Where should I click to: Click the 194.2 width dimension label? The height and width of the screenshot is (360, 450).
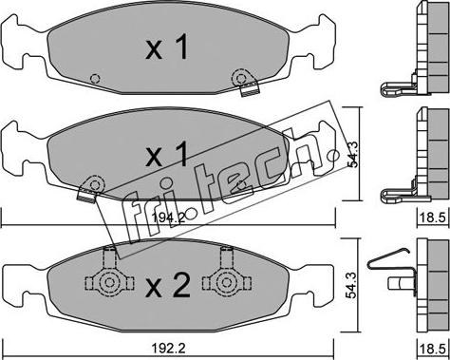pos(168,218)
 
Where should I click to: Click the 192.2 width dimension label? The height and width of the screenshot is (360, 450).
pos(168,349)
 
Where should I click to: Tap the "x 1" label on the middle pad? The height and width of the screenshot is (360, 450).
pos(167,154)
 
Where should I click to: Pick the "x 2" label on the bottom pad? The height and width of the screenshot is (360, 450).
pos(168,285)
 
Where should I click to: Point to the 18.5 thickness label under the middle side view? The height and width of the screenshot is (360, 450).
pos(433,218)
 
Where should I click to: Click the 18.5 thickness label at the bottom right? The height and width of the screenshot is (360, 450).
pos(433,349)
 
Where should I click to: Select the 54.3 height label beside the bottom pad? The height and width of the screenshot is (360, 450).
pos(351,285)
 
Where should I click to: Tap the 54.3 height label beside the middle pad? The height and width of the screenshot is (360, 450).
pos(352,154)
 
